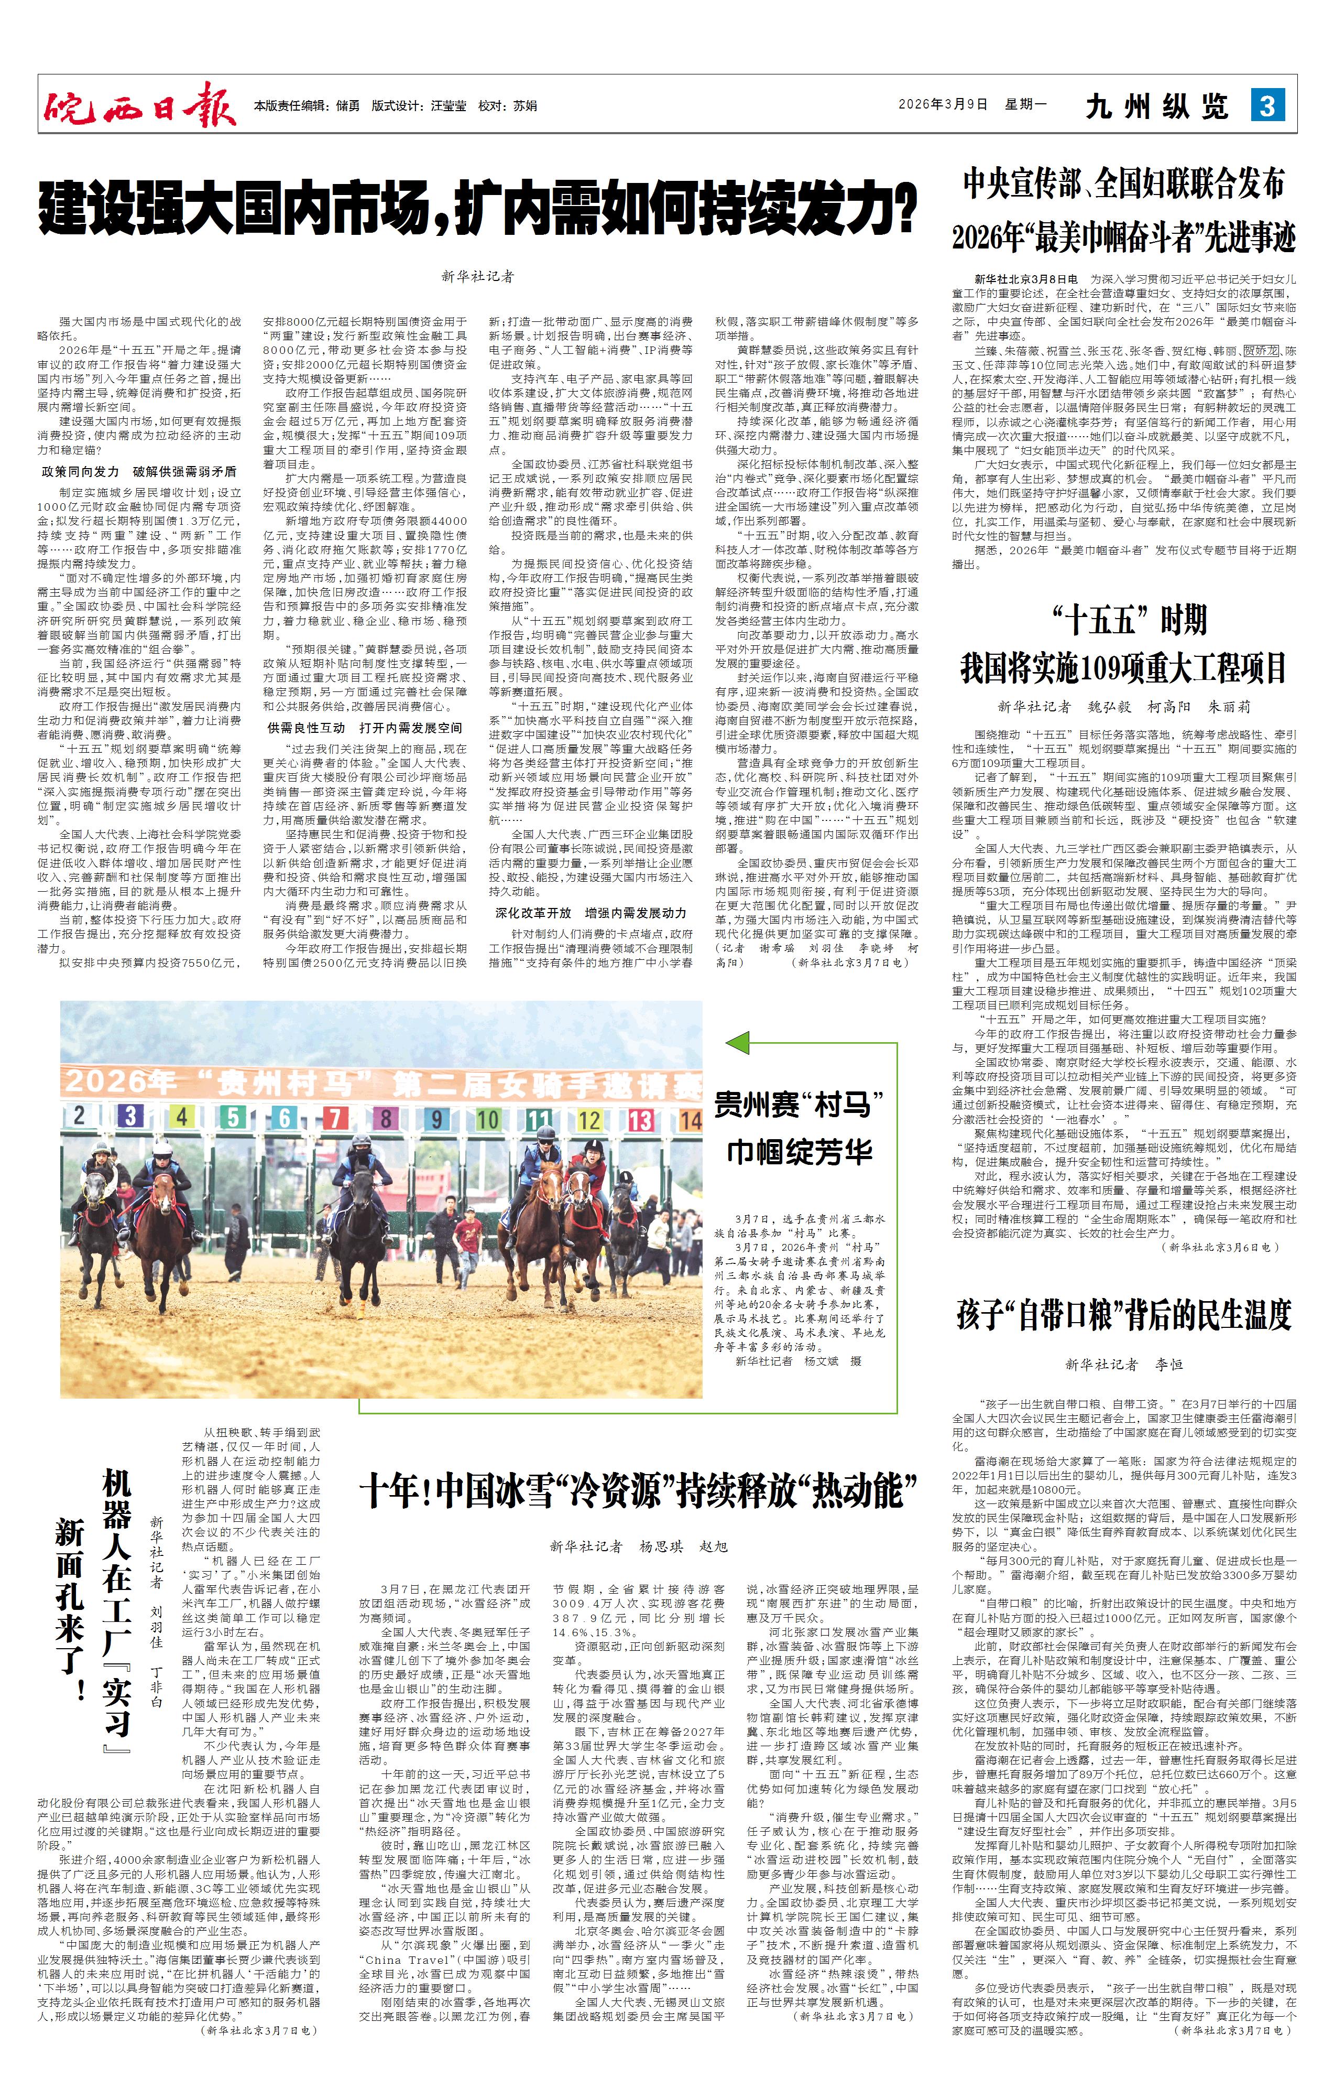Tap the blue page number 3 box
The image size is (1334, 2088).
[x=1267, y=106]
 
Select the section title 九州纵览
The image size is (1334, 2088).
[x=1156, y=106]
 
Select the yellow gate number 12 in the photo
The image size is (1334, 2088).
[x=589, y=1119]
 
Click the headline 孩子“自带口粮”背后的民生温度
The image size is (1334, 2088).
[x=1124, y=1315]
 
